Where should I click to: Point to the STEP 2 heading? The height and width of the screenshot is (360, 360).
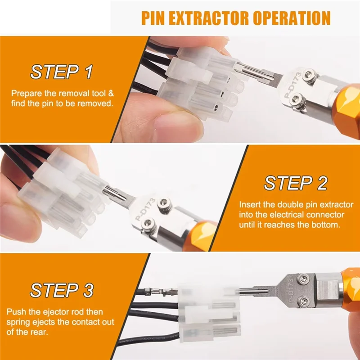[296, 183]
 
